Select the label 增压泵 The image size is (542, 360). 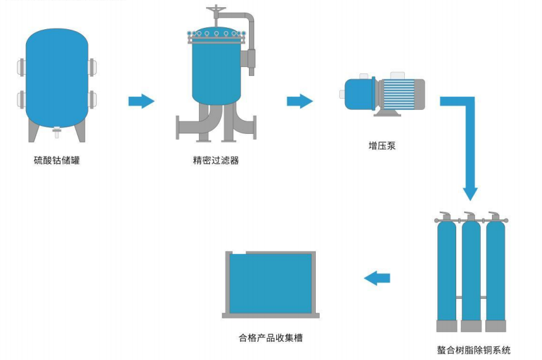click(382, 146)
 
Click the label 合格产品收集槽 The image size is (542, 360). click(270, 337)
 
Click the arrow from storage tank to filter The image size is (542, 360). click(141, 101)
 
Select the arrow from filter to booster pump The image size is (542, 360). click(300, 101)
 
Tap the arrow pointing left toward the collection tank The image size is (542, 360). click(377, 278)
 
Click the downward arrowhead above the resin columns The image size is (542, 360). click(470, 194)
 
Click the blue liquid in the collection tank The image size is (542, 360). click(270, 283)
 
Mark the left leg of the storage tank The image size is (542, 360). click(33, 131)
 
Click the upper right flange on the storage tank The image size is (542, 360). click(92, 66)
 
